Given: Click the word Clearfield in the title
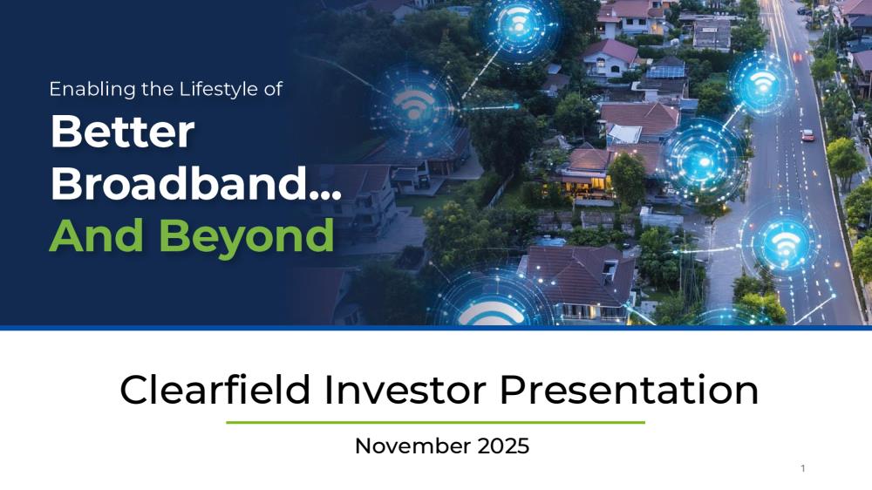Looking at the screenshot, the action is (x=215, y=390).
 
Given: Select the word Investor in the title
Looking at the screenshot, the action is (x=405, y=390).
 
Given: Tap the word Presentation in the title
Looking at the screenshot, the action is (x=629, y=390).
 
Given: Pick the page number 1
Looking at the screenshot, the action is (x=803, y=468).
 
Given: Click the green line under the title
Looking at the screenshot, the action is (x=435, y=423).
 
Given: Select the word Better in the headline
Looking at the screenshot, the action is (x=122, y=132).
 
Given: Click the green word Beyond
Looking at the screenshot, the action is (x=247, y=236).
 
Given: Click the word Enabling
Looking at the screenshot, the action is (x=92, y=89).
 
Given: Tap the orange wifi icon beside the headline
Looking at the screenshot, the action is (x=413, y=105).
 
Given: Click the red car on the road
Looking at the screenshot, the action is (x=807, y=134).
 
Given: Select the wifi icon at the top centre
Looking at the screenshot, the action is (x=518, y=23).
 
